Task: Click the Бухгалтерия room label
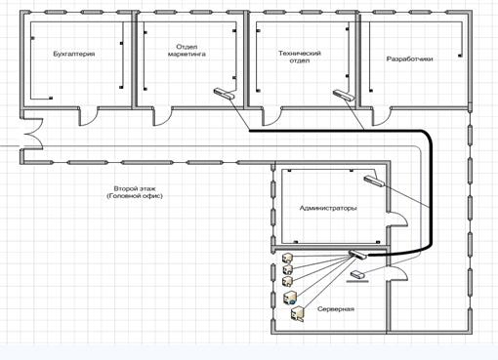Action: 74,54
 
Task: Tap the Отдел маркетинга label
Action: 187,51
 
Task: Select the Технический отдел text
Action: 300,57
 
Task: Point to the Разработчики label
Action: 409,60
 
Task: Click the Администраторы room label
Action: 328,208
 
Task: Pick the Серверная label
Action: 336,309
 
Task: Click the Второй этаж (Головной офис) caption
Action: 135,192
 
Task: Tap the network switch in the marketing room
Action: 225,94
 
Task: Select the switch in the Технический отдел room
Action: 344,95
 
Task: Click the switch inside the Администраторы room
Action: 374,180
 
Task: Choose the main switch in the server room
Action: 357,255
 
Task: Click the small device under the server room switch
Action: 357,276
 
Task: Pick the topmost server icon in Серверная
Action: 288,258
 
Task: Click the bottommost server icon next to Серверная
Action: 298,314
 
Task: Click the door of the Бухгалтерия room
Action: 89,116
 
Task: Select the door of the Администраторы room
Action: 397,220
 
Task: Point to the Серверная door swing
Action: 397,274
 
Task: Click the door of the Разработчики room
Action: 382,116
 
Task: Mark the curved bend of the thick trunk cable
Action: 427,136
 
